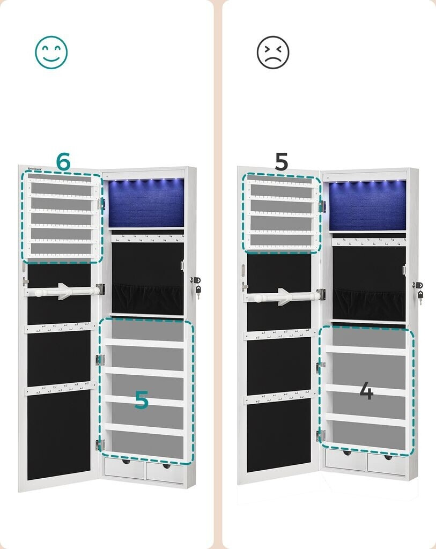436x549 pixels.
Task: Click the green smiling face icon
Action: [51, 52]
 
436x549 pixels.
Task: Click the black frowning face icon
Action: [272, 52]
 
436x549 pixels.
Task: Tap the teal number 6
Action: [63, 162]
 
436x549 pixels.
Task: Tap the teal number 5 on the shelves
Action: [141, 400]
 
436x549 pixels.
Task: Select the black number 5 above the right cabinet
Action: [281, 162]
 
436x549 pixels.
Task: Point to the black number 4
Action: [366, 392]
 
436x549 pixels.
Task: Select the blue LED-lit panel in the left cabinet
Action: [146, 203]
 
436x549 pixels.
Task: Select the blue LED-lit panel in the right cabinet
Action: [367, 205]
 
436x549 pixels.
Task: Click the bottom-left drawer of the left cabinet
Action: [124, 469]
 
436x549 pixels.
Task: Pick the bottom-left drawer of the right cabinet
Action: [345, 459]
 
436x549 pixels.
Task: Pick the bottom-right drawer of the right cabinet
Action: [387, 464]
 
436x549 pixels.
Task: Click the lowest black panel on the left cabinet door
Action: [59, 434]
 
